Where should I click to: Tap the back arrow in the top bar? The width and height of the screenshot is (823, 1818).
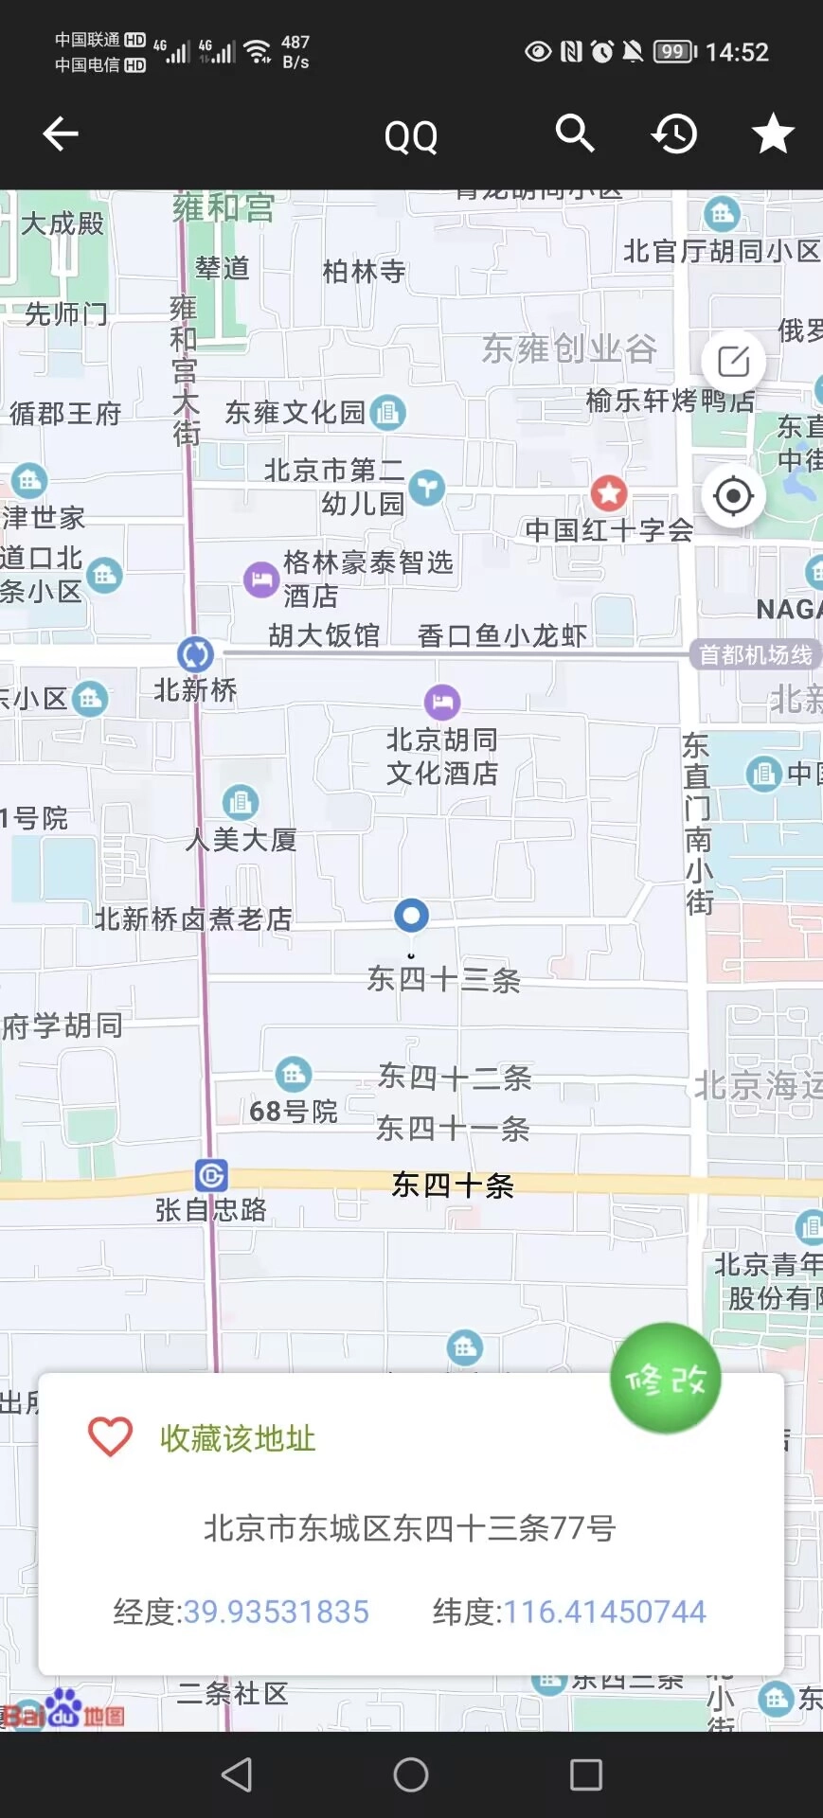pos(61,134)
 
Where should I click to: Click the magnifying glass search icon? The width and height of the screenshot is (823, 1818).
pos(574,134)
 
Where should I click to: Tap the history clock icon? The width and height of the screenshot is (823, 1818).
pos(674,134)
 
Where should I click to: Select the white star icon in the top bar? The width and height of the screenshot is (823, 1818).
pos(773,134)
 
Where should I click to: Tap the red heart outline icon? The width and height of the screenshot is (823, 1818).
pos(110,1436)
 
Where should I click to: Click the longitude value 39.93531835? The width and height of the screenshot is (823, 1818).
pos(276,1612)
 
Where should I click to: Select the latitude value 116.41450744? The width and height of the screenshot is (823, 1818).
pos(604,1612)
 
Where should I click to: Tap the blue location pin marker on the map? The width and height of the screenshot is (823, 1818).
pos(411,915)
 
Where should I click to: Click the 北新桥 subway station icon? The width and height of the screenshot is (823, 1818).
pos(195,653)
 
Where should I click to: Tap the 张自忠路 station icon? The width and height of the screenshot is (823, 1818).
pos(210,1175)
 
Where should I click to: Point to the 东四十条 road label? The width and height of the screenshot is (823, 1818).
pos(453,1185)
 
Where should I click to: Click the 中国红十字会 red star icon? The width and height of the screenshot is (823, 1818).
pos(609,492)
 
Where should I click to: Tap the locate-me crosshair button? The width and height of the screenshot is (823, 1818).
pos(733,495)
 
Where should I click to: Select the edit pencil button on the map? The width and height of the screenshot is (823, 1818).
pos(733,362)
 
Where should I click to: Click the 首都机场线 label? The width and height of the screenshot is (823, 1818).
pos(755,654)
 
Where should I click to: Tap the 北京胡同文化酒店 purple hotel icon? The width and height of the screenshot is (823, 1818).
pos(442,703)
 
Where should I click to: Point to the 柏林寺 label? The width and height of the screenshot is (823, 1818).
pos(364,272)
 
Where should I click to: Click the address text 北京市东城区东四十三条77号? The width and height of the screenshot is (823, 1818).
pos(410,1527)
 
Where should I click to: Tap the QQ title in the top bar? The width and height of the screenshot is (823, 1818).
pos(411,136)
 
